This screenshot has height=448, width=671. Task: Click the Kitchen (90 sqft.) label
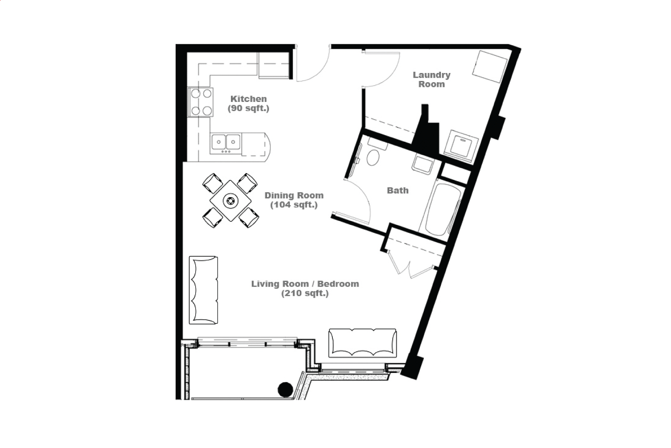[x=249, y=104]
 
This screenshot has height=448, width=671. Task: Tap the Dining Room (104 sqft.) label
[x=294, y=200]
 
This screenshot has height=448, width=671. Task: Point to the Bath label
[x=397, y=190]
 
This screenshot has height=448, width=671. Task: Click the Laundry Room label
[x=431, y=79]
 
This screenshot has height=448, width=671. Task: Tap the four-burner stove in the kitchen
[x=201, y=102]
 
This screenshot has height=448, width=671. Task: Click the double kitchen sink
[x=226, y=143]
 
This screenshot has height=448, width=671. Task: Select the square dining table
[x=231, y=201]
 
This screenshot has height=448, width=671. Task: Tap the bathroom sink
[x=422, y=164]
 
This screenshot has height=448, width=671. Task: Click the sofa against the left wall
[x=203, y=290]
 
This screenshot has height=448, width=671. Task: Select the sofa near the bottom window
[x=363, y=343]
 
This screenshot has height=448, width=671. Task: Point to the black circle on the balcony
[x=285, y=390]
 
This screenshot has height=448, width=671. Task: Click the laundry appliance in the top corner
[x=490, y=67]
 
